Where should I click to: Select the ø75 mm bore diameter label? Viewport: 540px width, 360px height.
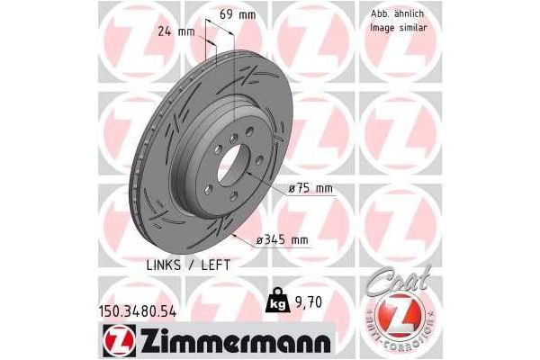310,187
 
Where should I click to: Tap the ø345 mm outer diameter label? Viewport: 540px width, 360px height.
283,239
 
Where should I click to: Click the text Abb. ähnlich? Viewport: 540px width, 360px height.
396,14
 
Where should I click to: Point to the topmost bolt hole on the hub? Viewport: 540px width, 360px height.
232,136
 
